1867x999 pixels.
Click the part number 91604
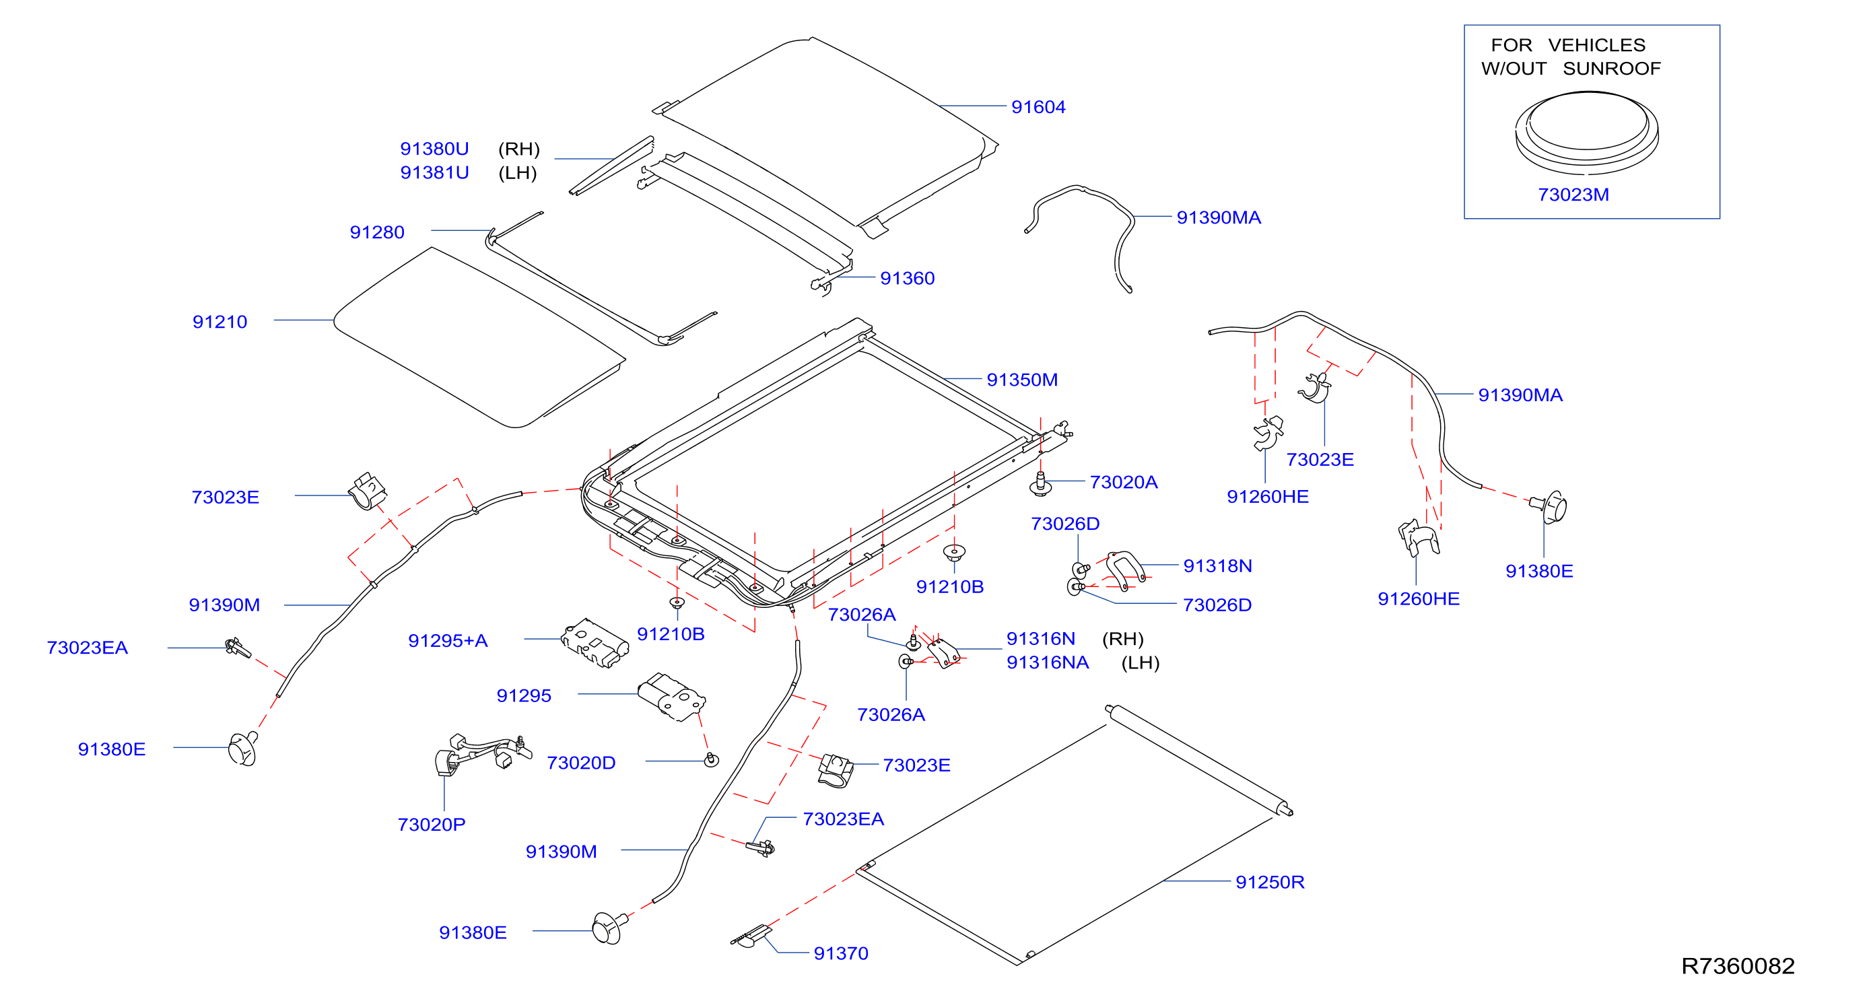click(x=1038, y=107)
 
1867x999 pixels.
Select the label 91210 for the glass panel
click(x=219, y=322)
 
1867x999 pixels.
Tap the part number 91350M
click(x=1022, y=380)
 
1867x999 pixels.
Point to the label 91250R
click(x=1270, y=882)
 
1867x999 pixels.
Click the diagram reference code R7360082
click(x=1737, y=965)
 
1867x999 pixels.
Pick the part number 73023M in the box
click(x=1573, y=195)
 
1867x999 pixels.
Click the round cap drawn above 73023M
click(x=1586, y=133)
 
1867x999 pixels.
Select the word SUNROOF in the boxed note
click(x=1611, y=68)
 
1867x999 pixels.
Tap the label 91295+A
click(x=448, y=640)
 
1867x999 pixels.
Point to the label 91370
click(x=841, y=953)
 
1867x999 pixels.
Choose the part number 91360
click(x=908, y=278)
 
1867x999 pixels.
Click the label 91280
click(x=377, y=232)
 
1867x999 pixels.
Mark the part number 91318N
click(x=1217, y=565)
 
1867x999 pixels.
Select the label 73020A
click(x=1124, y=482)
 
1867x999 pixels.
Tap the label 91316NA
click(x=1048, y=662)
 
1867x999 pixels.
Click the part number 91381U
click(x=434, y=172)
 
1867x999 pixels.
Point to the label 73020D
click(x=581, y=763)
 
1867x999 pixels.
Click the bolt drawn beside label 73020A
click(x=1041, y=484)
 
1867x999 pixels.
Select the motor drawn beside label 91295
click(x=671, y=696)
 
